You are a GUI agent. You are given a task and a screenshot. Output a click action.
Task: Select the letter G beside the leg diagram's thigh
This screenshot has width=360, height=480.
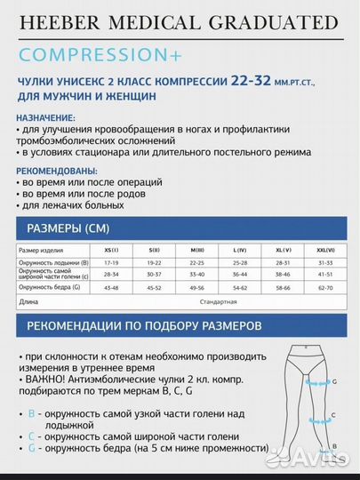[x=335, y=380]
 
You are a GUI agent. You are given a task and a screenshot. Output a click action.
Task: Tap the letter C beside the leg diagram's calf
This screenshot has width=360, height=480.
[x=332, y=415]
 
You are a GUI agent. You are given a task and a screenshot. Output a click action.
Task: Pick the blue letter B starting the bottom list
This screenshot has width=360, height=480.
[x=31, y=414]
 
